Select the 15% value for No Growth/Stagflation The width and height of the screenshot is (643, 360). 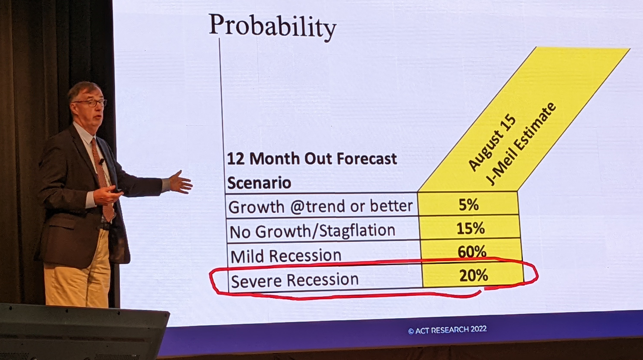pos(470,228)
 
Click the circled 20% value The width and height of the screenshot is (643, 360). pos(474,275)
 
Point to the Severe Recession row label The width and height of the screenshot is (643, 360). pos(295,280)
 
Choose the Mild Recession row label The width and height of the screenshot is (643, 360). pos(286,256)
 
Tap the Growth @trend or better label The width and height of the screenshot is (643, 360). pos(321,206)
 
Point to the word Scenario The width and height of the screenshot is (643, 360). pos(259,183)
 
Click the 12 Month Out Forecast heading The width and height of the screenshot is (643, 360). pos(312,158)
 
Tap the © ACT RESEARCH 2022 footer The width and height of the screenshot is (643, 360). pos(447,330)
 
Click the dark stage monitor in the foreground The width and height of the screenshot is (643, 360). pos(83,332)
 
